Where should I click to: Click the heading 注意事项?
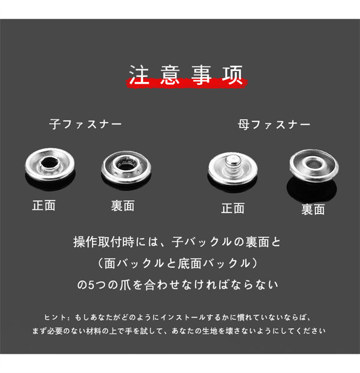coord(186,75)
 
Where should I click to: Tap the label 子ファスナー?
coord(85,124)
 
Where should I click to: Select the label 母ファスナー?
coord(274,125)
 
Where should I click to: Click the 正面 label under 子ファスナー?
coord(44,205)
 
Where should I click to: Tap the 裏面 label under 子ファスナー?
coord(123,206)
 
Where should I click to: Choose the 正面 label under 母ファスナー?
coord(233,208)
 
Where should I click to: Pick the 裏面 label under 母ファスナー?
coord(313,209)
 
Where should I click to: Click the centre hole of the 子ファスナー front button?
coord(49,163)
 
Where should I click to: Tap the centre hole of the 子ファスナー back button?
coord(125,164)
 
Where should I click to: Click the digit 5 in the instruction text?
coord(92,285)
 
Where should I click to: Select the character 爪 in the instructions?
coord(125,285)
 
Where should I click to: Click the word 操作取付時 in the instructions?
coord(104,242)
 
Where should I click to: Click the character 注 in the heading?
coord(139,75)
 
